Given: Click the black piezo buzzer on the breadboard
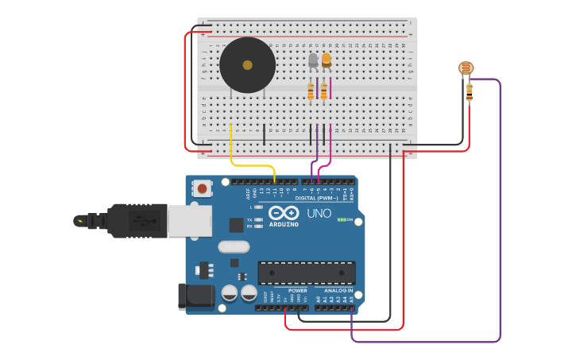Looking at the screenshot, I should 247,65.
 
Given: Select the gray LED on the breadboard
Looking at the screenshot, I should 313,60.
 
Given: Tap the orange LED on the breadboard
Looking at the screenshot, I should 326,60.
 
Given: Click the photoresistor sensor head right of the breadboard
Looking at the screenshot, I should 466,68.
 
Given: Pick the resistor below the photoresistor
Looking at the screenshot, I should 469,92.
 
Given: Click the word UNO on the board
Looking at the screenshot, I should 319,213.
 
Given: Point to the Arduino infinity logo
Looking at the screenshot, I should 284,213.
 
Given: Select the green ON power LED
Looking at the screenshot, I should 342,219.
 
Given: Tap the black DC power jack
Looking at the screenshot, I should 195,296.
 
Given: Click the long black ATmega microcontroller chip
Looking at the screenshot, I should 307,273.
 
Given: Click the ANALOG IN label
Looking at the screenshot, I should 338,291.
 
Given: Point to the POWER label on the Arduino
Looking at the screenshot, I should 297,291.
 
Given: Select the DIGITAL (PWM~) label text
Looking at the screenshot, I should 316,198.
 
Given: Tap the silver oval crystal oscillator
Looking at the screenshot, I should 234,246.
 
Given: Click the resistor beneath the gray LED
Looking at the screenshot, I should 311,92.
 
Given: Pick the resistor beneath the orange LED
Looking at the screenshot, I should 323,92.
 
